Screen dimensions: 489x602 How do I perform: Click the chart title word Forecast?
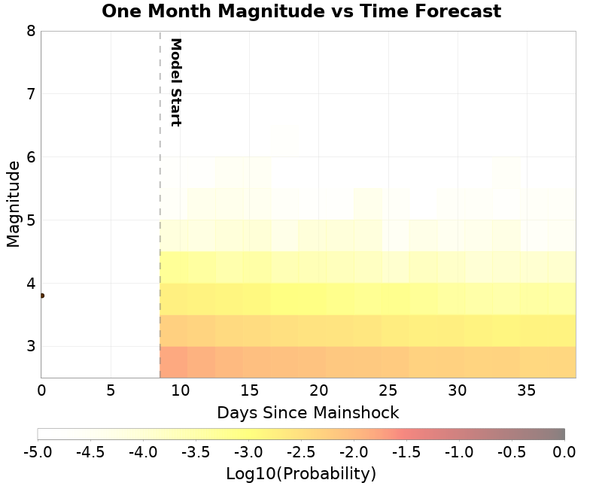[x=457, y=11]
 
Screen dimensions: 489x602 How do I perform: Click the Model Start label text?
[x=175, y=82]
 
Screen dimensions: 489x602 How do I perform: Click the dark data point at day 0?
[x=41, y=296]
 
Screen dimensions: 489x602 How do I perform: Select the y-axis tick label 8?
[x=31, y=31]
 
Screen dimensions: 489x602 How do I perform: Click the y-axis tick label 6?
[x=31, y=157]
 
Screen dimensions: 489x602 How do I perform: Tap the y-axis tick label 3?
[x=31, y=347]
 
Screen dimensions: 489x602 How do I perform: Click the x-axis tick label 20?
[x=318, y=390]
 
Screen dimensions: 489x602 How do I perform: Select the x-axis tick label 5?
[x=111, y=390]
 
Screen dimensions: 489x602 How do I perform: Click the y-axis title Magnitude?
[x=13, y=204]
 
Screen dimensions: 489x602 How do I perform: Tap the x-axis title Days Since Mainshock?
[x=308, y=413]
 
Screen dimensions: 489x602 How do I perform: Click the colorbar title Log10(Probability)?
[x=301, y=474]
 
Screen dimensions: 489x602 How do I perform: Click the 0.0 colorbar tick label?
[x=564, y=452]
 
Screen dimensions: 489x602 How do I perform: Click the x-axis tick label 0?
[x=41, y=390]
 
